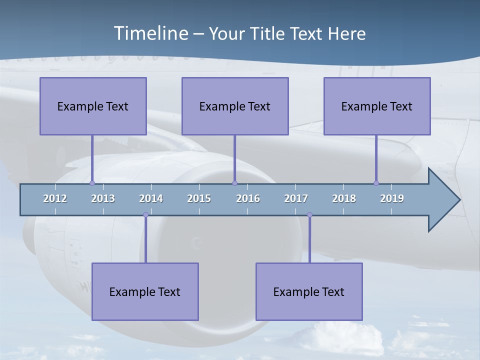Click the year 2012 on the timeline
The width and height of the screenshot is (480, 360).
[x=55, y=198]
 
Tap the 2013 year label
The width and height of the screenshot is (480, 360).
[x=103, y=198]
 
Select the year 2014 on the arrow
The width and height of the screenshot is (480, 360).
[x=151, y=198]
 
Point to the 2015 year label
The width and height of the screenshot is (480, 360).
[x=199, y=198]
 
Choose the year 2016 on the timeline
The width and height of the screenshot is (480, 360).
[x=248, y=198]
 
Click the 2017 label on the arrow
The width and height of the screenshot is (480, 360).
[x=296, y=198]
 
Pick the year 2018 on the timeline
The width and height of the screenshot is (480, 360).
[x=344, y=198]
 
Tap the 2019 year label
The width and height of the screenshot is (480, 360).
[x=392, y=198]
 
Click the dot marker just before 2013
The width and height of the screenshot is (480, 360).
[x=92, y=183]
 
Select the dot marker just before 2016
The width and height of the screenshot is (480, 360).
[x=234, y=183]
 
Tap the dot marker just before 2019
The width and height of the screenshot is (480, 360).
[x=376, y=183]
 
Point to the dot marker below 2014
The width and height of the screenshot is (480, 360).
[x=145, y=215]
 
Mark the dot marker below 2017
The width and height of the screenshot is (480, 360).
[x=309, y=215]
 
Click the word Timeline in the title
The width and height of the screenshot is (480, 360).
[x=150, y=33]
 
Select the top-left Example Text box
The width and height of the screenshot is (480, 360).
[x=93, y=106]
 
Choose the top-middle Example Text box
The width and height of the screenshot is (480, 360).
[x=235, y=106]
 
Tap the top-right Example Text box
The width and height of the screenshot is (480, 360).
[x=377, y=106]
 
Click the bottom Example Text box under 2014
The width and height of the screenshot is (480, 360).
[x=145, y=291]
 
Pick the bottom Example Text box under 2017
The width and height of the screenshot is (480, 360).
[x=309, y=291]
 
